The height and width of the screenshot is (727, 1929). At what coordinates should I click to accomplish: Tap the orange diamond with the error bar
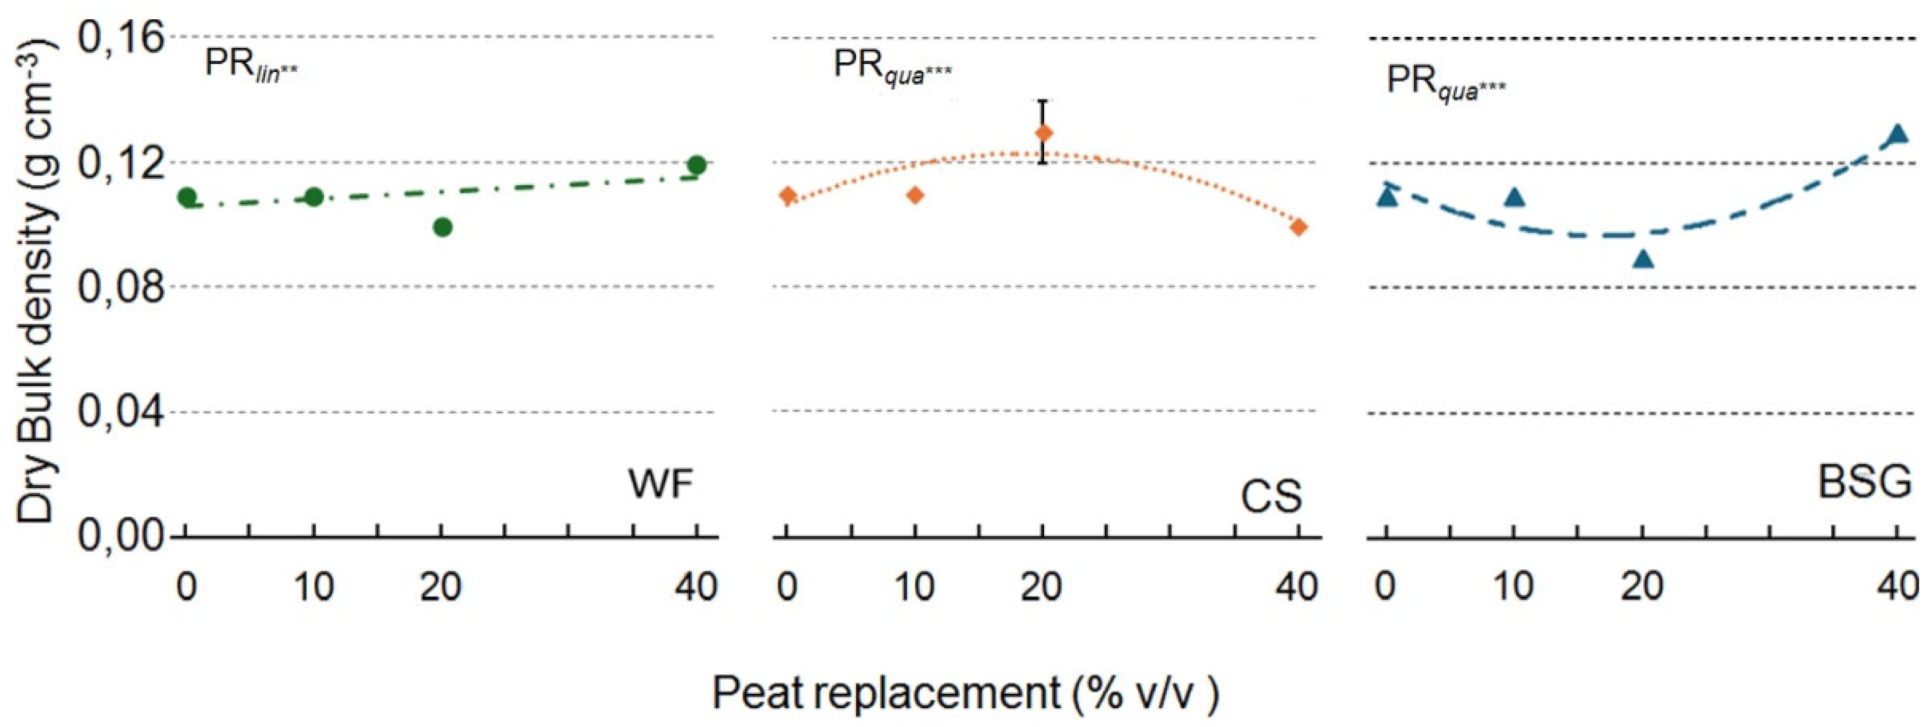pos(1043,133)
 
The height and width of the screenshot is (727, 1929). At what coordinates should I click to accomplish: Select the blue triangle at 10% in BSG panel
pos(1515,197)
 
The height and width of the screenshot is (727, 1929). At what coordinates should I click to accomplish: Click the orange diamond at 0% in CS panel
pos(787,196)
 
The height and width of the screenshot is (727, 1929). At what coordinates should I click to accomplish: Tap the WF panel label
pos(661,485)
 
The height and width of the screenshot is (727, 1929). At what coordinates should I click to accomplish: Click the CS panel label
pos(1271,496)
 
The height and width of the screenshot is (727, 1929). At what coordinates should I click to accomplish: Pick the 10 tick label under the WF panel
pos(314,587)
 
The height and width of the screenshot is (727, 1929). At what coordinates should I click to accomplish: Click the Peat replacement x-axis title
pos(965,693)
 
